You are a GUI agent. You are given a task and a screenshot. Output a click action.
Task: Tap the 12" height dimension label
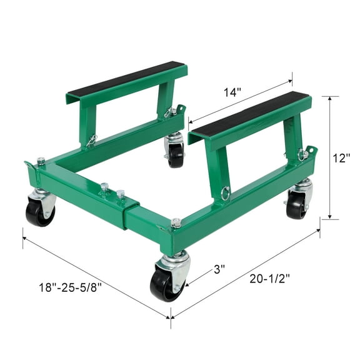tap(341, 158)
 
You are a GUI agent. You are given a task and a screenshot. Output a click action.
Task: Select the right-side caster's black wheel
tap(297, 205)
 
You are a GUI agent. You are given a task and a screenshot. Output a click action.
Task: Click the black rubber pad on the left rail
tap(126, 77)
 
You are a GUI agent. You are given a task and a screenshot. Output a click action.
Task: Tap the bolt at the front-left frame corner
tap(41, 161)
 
